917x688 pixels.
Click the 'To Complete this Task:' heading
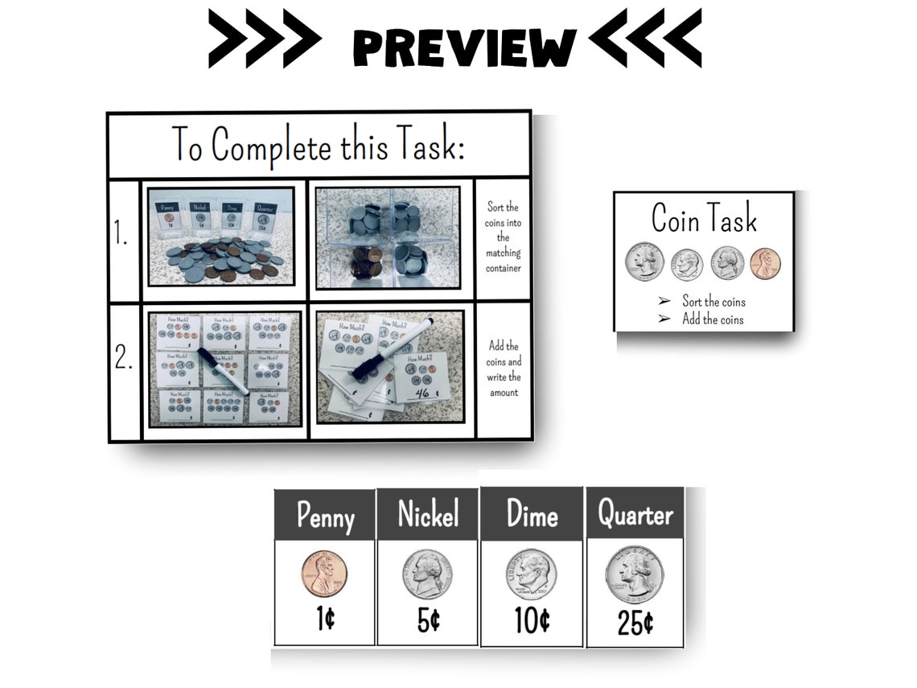[x=319, y=146]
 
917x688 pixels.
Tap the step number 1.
[x=122, y=236]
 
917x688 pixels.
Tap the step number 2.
[x=123, y=359]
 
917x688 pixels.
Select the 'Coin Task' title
[x=704, y=218]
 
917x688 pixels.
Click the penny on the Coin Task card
[x=765, y=264]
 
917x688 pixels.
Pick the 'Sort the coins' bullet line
[x=713, y=302]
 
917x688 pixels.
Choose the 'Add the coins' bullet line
[x=712, y=319]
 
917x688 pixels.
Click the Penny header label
[x=325, y=516]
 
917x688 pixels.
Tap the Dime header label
[x=532, y=514]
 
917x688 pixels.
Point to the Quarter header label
[x=635, y=513]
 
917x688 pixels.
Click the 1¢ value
[x=325, y=620]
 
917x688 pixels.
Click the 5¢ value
[x=428, y=620]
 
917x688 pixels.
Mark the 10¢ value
[x=532, y=620]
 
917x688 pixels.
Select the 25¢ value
[x=635, y=622]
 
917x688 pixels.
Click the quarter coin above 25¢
[x=635, y=575]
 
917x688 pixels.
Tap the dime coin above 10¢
[x=531, y=575]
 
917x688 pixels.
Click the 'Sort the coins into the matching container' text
[x=503, y=237]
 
